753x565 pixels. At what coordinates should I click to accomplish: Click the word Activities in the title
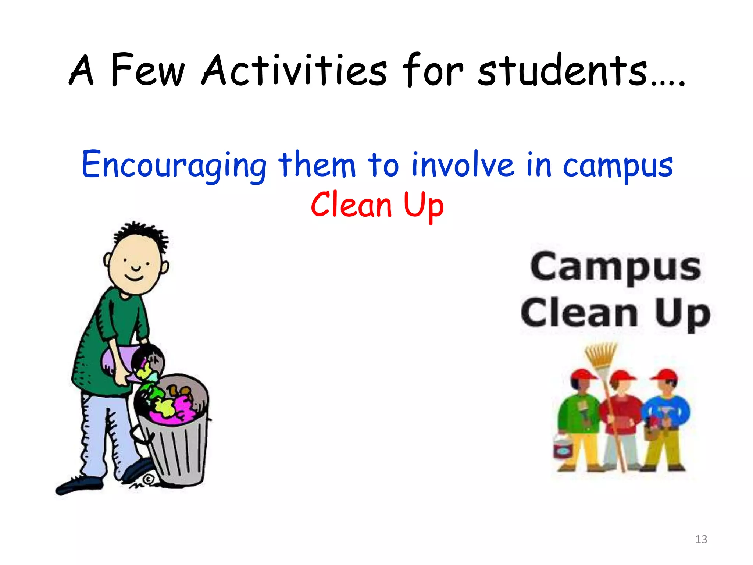294,70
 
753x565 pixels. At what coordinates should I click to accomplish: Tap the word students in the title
563,70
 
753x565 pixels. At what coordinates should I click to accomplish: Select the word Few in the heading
147,70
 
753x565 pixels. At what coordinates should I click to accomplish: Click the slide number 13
701,539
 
